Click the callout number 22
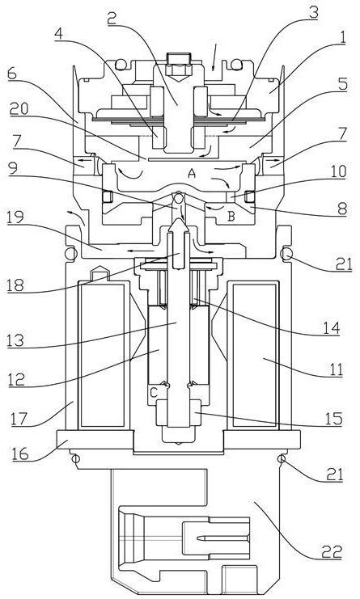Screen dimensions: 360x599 (332, 550)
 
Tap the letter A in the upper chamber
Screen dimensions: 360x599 (192, 174)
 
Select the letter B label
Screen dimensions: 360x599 (231, 217)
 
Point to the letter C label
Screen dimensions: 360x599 (153, 392)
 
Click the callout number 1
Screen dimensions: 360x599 (342, 38)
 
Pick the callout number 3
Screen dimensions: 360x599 (313, 13)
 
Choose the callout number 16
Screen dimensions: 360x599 (19, 453)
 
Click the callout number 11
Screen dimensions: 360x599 (335, 369)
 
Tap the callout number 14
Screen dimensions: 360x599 (331, 327)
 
